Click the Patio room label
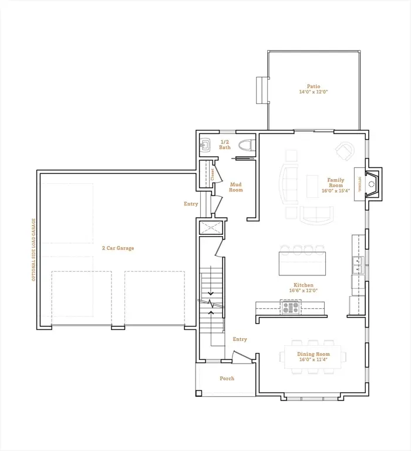coord(313,86)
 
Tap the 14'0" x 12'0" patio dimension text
coord(313,92)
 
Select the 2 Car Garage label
coord(117,248)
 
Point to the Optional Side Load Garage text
coord(34,249)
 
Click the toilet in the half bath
coord(245,145)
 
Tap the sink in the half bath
coord(206,144)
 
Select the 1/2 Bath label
coord(225,144)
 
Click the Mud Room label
coord(235,187)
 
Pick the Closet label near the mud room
coord(212,174)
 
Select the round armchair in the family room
coord(345,151)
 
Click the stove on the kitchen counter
coord(291,307)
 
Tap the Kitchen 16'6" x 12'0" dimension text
coord(303,290)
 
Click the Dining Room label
coord(313,354)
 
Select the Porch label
coord(227,379)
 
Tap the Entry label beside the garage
coord(191,204)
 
